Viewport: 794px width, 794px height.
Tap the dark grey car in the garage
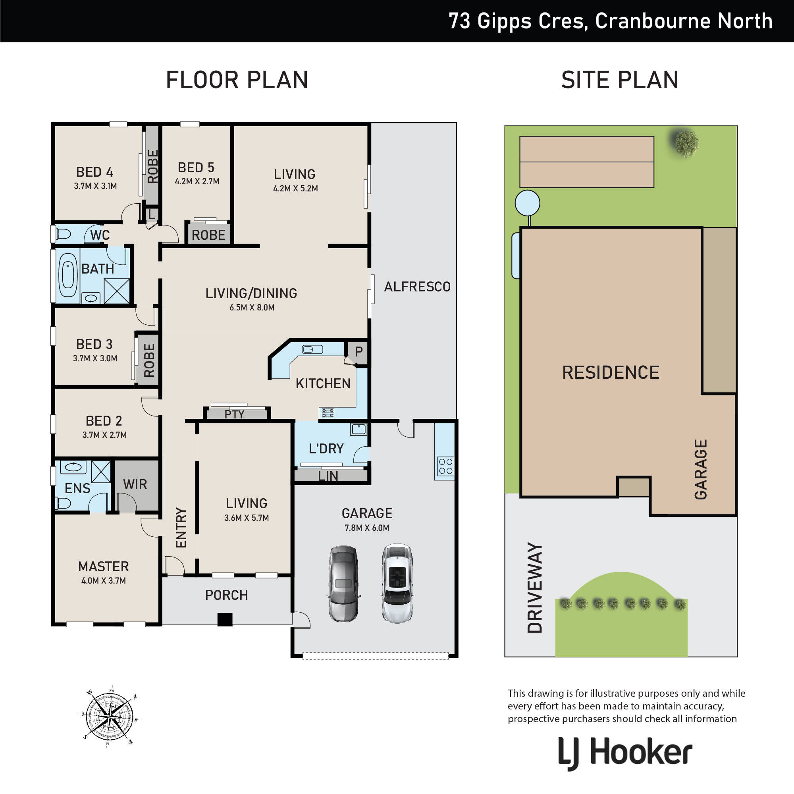[343, 584]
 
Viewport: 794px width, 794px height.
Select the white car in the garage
[397, 584]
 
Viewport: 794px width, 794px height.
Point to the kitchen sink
[312, 350]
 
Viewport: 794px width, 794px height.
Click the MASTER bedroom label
[104, 567]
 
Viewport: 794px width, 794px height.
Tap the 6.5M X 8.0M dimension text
[252, 307]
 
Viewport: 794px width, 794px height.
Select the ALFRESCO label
[417, 287]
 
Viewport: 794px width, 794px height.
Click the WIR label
[135, 484]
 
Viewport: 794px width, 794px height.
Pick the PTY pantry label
[234, 414]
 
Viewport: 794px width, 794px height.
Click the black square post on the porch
[225, 619]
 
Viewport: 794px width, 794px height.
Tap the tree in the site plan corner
[686, 143]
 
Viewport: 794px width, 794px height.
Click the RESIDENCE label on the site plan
[611, 372]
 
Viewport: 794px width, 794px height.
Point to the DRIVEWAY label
[535, 588]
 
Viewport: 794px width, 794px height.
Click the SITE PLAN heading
[619, 80]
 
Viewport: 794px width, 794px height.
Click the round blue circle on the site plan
[527, 202]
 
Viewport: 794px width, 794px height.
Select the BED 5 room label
[196, 168]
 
